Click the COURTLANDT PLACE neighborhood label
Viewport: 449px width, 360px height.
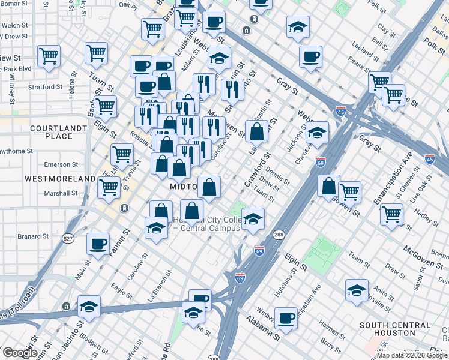pos(51,132)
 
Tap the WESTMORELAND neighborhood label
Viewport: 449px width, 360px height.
pos(60,179)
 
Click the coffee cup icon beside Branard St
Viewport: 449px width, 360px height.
pos(98,244)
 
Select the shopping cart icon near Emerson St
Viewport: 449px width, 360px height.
pos(122,154)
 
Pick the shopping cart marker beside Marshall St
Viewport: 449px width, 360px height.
pos(109,187)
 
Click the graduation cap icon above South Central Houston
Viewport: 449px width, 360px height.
pos(357,290)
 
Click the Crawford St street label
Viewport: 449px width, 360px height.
pos(255,171)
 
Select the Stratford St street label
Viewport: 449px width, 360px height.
pos(45,86)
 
